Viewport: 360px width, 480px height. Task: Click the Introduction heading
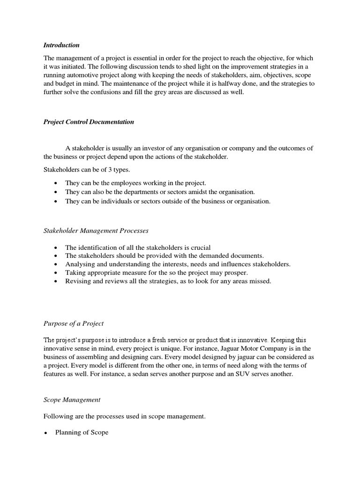coord(61,45)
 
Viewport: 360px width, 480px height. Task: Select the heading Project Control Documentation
coord(89,122)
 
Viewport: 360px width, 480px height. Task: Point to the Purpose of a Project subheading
coord(74,323)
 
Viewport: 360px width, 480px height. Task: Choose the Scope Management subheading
coord(72,400)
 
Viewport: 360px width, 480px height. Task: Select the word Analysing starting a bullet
coord(80,264)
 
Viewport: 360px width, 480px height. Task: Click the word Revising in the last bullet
coord(78,281)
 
